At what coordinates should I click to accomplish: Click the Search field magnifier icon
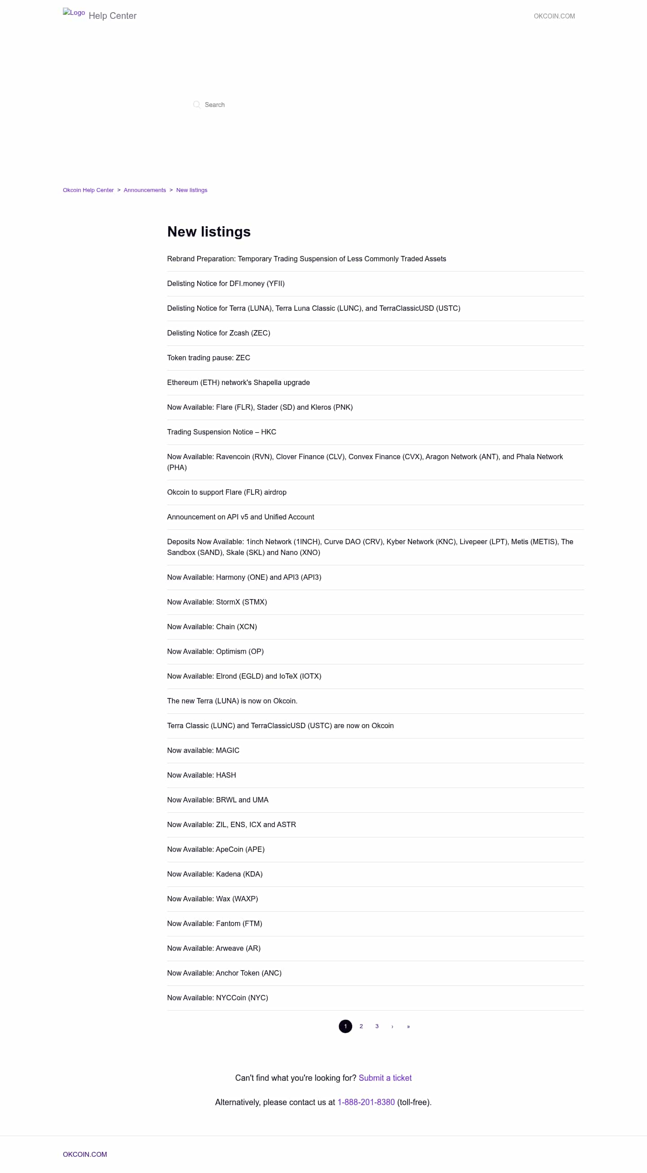click(196, 105)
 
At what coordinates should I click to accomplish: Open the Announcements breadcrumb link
click(145, 190)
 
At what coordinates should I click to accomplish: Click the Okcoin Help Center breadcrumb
click(88, 190)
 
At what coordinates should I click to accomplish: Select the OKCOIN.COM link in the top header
click(554, 16)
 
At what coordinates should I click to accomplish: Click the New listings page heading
click(209, 232)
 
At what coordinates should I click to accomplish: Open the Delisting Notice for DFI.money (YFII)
click(226, 284)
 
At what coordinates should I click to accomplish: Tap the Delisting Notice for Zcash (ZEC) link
click(218, 333)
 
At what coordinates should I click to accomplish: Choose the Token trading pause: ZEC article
click(208, 358)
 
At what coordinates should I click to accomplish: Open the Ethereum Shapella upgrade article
click(238, 382)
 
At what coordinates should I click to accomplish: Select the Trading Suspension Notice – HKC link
click(221, 432)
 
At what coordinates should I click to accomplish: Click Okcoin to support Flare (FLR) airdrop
click(226, 492)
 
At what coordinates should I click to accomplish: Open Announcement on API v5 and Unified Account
click(240, 517)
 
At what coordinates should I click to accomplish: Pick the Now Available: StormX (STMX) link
click(217, 602)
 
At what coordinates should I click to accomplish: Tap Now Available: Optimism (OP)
click(215, 652)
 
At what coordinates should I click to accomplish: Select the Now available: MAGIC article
click(203, 750)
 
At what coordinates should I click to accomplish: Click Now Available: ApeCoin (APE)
click(216, 849)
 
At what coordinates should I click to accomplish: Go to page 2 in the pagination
click(361, 1026)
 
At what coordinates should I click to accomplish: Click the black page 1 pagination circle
click(346, 1026)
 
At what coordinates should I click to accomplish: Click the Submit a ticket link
click(385, 1078)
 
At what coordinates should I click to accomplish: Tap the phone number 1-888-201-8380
click(366, 1102)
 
